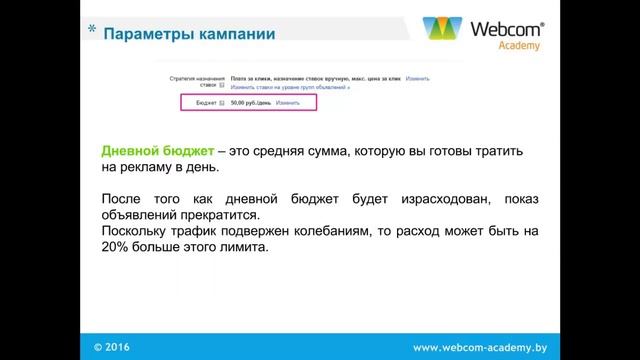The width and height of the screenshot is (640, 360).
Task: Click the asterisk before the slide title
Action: [92, 32]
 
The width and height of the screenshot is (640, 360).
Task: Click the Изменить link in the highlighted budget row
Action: [288, 103]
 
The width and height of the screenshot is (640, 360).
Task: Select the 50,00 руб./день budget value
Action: [250, 103]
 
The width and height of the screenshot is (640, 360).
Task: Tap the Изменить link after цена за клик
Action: [417, 78]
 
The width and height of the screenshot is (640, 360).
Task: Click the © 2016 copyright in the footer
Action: [111, 347]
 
